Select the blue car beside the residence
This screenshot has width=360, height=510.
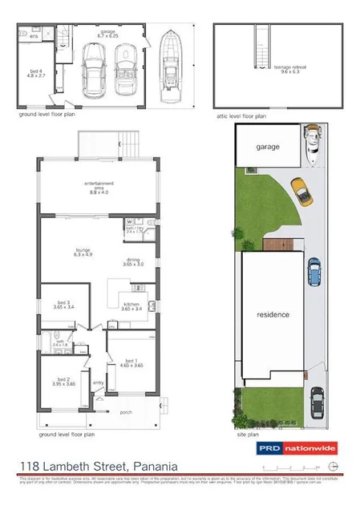[x=314, y=272]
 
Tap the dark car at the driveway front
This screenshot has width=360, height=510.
[x=318, y=404]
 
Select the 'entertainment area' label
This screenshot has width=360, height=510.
[x=99, y=189]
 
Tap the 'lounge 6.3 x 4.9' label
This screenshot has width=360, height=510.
[x=83, y=253]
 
